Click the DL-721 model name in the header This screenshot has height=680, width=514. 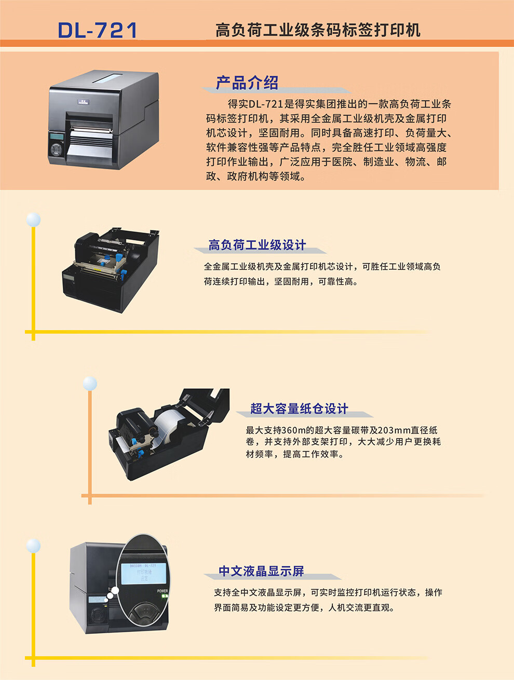[x=98, y=30]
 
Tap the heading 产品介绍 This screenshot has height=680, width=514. [x=247, y=83]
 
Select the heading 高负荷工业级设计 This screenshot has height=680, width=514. [x=257, y=244]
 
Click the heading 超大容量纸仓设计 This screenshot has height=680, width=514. [x=299, y=409]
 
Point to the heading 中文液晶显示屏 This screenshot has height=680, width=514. [x=262, y=571]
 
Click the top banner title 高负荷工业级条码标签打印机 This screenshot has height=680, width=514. [x=318, y=30]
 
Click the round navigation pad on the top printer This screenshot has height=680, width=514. [x=57, y=149]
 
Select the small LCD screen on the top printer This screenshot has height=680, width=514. [x=57, y=137]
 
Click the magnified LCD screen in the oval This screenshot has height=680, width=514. [x=143, y=574]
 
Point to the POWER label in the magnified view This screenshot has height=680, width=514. [x=163, y=591]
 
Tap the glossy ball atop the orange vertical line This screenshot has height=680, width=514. [x=90, y=384]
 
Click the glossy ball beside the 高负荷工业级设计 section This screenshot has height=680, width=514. [x=33, y=220]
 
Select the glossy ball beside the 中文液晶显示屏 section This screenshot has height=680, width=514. [x=33, y=546]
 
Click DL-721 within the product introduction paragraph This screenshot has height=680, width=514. [x=266, y=104]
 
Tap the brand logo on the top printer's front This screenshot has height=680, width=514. [x=83, y=102]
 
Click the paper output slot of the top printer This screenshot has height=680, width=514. [x=90, y=130]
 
